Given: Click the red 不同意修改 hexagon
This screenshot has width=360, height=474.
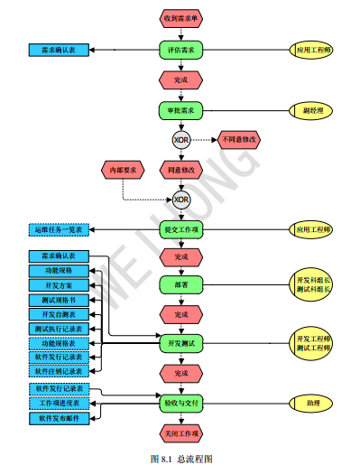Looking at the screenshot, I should point(239,140).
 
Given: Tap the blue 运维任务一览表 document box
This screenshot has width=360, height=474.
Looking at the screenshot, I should point(60,229).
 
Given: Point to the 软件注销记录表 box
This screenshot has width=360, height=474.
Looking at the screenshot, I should point(60,370).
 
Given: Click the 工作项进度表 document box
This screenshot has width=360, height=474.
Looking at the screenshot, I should point(60,403).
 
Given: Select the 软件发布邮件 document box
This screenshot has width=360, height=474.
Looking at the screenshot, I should point(60,419).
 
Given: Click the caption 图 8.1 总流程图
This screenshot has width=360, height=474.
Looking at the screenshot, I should point(180,459).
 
